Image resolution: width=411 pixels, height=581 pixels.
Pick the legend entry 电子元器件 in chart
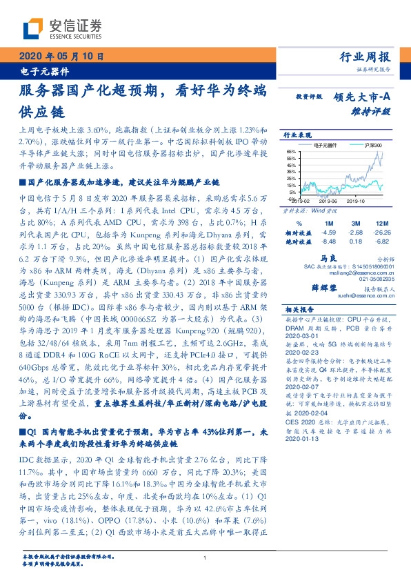pos(328,146)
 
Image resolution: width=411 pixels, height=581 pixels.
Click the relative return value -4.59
pos(329,233)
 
